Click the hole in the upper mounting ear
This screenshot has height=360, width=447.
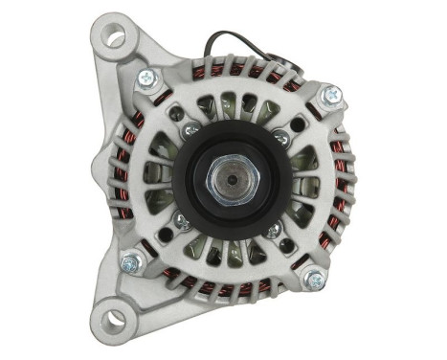[116, 39]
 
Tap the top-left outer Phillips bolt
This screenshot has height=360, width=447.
[147, 79]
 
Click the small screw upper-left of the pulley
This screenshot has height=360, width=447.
[190, 129]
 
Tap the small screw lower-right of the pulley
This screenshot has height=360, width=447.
[274, 230]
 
